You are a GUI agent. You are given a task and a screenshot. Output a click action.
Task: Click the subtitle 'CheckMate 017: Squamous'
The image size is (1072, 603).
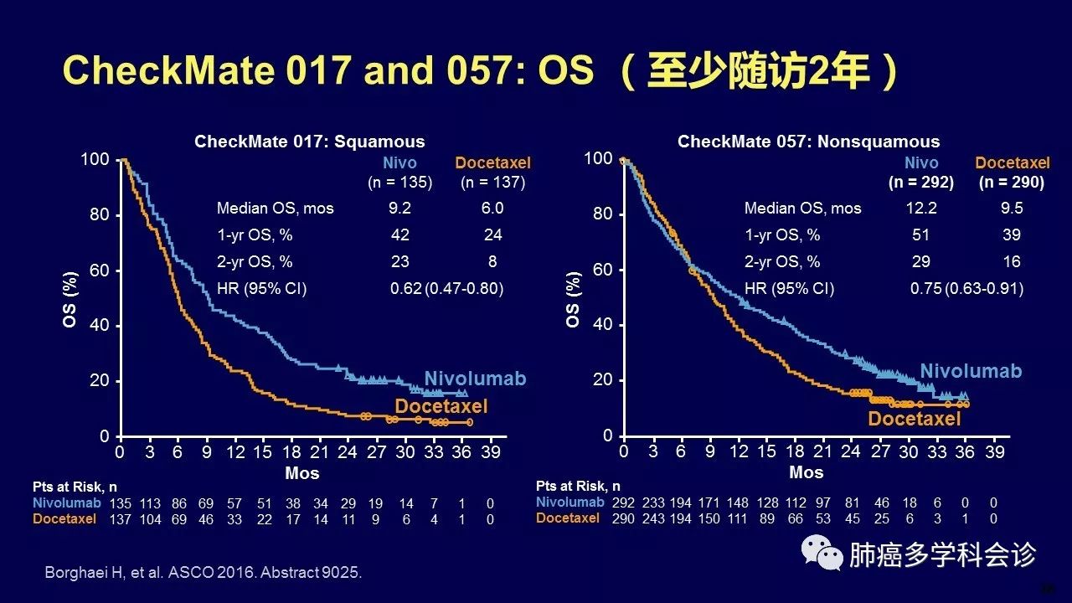[x=310, y=142]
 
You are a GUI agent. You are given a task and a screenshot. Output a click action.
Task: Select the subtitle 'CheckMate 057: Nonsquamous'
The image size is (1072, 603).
[x=808, y=142]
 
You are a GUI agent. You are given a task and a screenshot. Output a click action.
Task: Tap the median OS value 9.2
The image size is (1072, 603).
[x=400, y=209]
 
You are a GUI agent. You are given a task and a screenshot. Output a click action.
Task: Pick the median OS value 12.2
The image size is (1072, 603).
[x=920, y=209]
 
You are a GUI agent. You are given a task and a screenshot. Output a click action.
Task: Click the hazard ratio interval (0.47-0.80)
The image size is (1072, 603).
[x=465, y=289]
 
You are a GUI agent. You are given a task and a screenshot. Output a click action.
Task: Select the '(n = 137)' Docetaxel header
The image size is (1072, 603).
[x=492, y=182]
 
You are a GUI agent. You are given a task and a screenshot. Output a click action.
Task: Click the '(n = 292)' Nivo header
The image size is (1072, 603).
[x=921, y=182]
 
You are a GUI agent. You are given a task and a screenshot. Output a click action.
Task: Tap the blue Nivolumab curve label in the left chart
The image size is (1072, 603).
[x=475, y=379]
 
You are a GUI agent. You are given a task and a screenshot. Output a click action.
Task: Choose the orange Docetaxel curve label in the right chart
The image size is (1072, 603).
[x=915, y=419]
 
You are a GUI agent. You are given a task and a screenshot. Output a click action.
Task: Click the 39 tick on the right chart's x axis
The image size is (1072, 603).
[x=994, y=452]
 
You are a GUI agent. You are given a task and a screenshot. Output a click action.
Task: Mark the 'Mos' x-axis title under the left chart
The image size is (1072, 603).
[x=301, y=473]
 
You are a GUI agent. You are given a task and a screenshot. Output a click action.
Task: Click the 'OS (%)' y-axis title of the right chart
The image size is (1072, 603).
[x=574, y=298]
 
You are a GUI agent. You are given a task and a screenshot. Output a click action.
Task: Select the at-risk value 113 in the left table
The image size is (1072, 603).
[x=149, y=504]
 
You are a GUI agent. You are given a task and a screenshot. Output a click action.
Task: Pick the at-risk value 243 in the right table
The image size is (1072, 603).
[x=656, y=518]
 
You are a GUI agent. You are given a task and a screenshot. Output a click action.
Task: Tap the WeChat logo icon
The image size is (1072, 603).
[x=819, y=554]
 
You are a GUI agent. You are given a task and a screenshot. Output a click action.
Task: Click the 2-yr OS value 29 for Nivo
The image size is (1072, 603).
[x=920, y=262]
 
